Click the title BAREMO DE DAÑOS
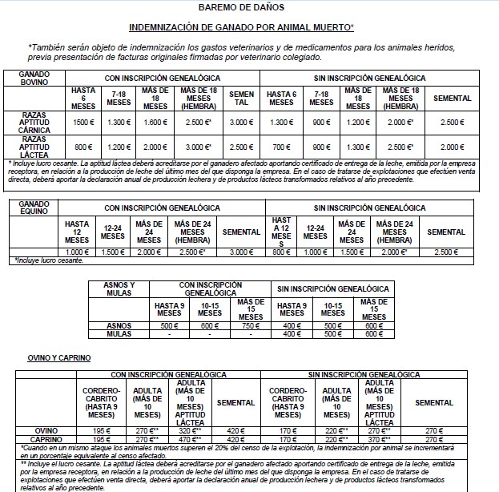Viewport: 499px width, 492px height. point(248,7)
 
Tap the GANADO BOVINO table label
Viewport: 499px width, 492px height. point(36,78)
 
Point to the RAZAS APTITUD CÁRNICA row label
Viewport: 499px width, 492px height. point(36,122)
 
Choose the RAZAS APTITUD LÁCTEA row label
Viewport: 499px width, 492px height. point(36,147)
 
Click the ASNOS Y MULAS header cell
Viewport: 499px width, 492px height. point(119,289)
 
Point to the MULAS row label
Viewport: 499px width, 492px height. point(119,333)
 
